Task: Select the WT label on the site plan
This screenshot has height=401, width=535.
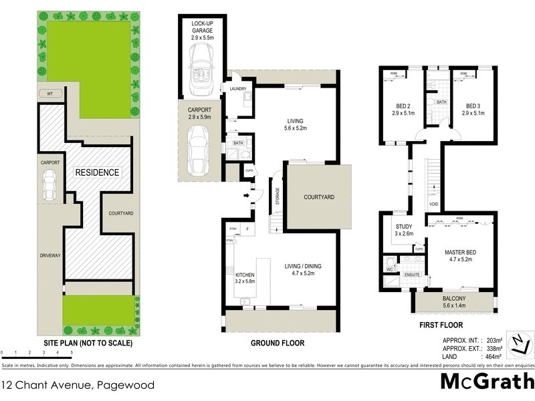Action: pos(49,93)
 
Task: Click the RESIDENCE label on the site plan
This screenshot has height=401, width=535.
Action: pos(97,172)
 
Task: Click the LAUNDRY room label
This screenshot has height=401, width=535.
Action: pos(238,88)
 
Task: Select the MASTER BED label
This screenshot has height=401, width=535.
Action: pos(459,252)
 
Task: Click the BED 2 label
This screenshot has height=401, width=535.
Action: pos(401,106)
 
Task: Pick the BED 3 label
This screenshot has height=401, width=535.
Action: pos(473,106)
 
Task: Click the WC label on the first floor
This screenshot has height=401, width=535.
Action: pos(389,270)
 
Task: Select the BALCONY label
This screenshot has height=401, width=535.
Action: pos(455,298)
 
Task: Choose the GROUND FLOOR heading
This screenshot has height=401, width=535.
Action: pos(277,343)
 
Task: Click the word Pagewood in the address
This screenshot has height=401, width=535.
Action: pos(126,385)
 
